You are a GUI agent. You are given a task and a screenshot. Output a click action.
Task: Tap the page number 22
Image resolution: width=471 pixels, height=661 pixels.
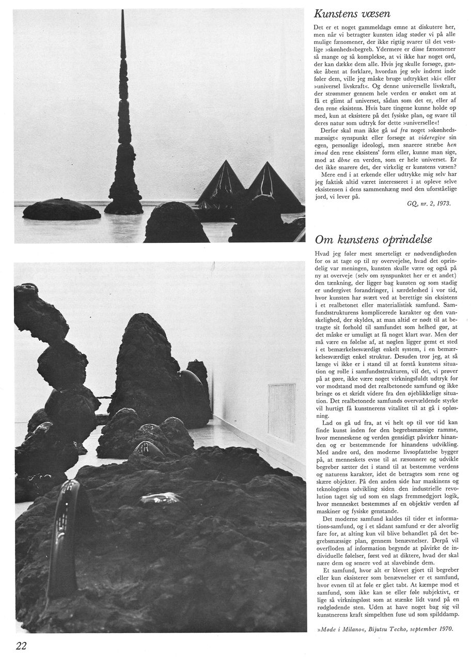click(21, 645)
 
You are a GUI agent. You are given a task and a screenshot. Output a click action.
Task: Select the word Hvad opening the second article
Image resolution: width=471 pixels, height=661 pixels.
click(321, 255)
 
